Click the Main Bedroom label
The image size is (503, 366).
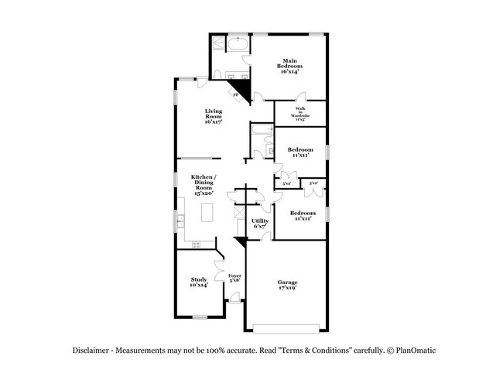click(x=289, y=67)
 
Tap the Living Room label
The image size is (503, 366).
click(x=214, y=116)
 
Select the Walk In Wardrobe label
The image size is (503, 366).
click(x=300, y=115)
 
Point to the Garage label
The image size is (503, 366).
click(x=287, y=284)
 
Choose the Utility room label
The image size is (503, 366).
click(x=260, y=224)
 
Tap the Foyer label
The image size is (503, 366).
click(x=234, y=278)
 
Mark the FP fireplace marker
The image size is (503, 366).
click(x=236, y=94)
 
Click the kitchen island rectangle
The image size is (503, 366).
click(x=207, y=211)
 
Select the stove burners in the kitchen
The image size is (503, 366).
click(x=196, y=245)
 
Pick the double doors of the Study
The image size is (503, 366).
click(x=219, y=255)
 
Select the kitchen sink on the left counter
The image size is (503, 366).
click(x=180, y=219)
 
